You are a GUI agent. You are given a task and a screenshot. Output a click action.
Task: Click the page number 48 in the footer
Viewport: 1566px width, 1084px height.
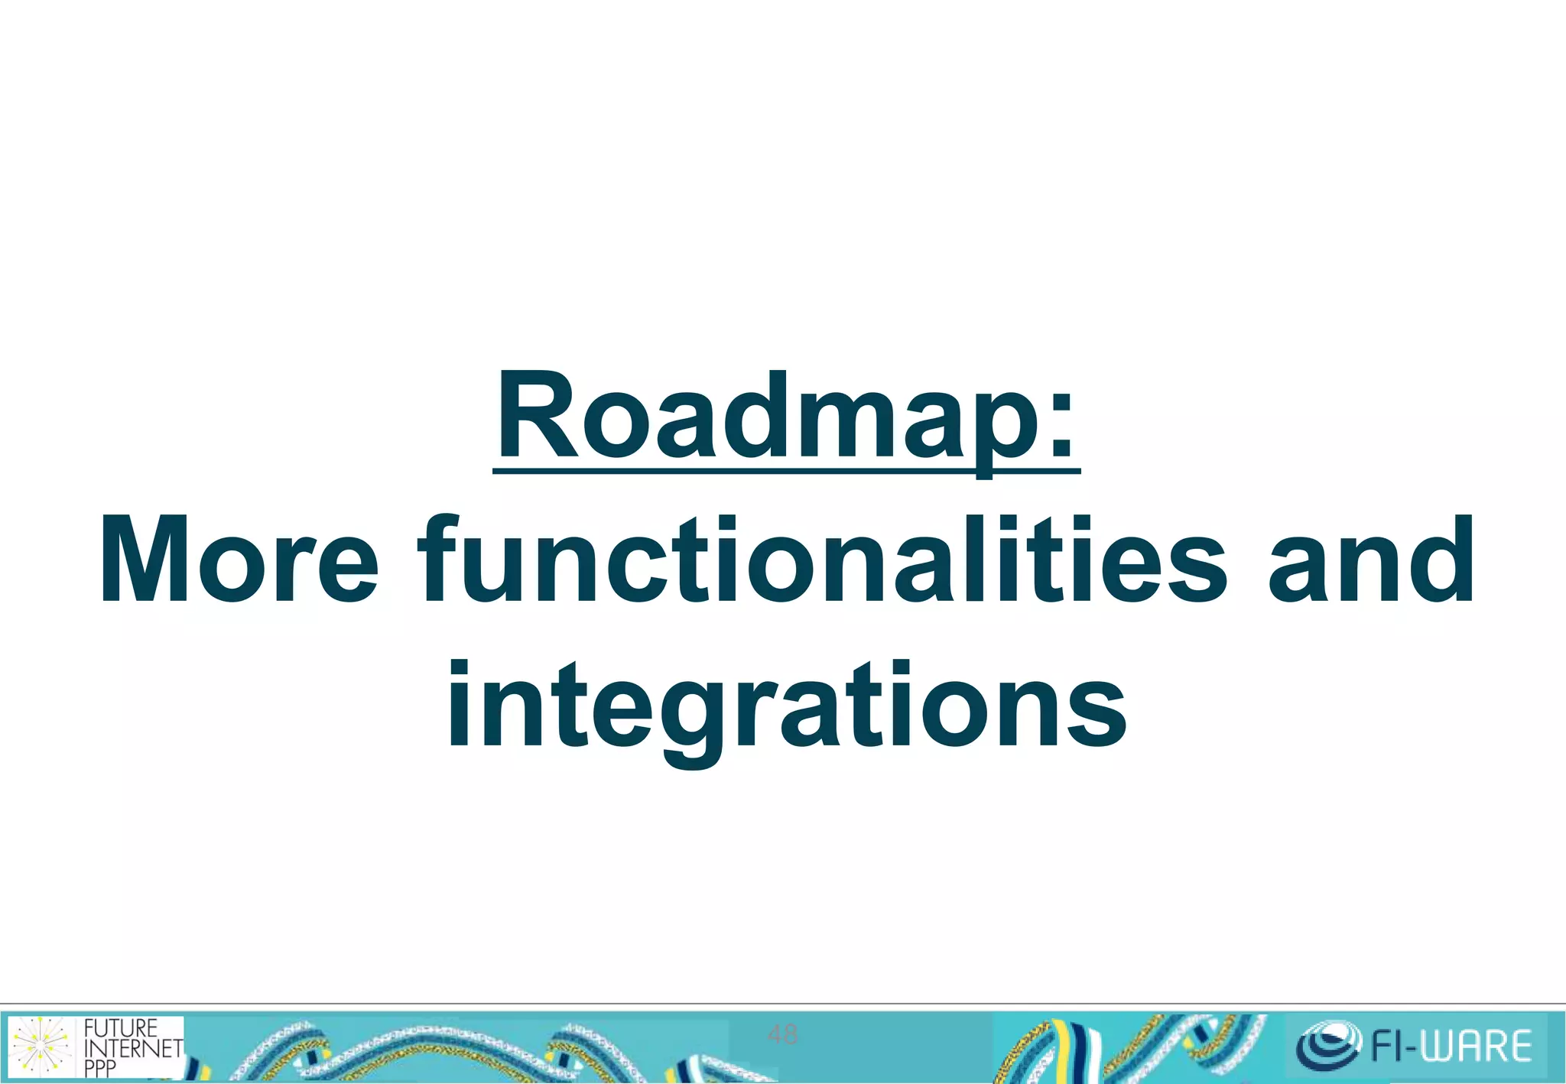pyautogui.click(x=782, y=1035)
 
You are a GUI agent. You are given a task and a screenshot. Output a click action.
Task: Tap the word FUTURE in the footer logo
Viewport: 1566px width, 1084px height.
pyautogui.click(x=120, y=1028)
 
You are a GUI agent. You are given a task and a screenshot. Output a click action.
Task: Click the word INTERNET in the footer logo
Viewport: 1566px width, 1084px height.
pyautogui.click(x=133, y=1047)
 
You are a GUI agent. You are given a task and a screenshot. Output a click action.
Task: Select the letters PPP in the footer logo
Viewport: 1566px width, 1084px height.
pyautogui.click(x=100, y=1068)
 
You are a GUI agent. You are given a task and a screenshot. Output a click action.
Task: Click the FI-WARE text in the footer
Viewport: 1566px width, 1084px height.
pyautogui.click(x=1451, y=1047)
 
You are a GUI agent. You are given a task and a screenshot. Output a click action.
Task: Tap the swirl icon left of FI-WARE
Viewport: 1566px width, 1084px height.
pyautogui.click(x=1327, y=1045)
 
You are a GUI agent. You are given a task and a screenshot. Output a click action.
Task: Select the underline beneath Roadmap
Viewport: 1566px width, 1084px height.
pyautogui.click(x=786, y=471)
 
